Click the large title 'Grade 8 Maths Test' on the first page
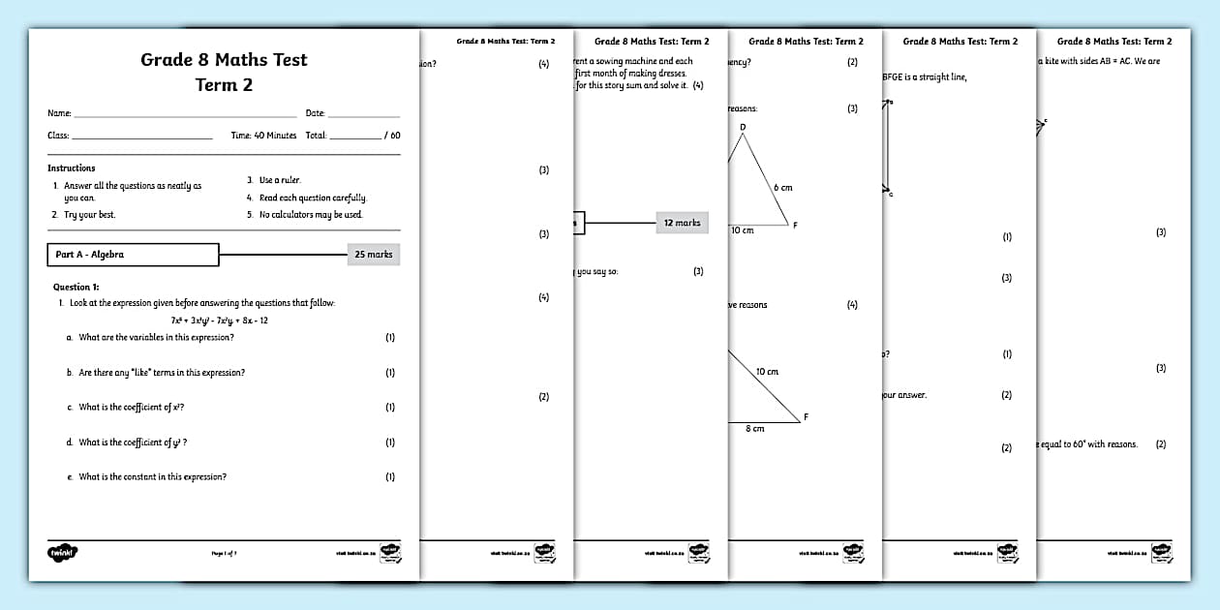[224, 60]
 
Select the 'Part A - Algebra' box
[133, 255]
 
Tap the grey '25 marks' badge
[373, 255]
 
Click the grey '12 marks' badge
[682, 223]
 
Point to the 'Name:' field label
[59, 113]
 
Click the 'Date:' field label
[316, 113]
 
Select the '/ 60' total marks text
[391, 136]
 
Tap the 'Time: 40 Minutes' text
[263, 136]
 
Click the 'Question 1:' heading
[76, 287]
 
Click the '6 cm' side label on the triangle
[782, 187]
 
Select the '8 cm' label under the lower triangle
[754, 428]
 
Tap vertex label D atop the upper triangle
[743, 127]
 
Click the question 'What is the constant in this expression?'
[152, 477]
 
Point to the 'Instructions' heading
[72, 168]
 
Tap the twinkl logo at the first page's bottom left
[63, 553]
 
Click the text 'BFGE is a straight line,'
[924, 77]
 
